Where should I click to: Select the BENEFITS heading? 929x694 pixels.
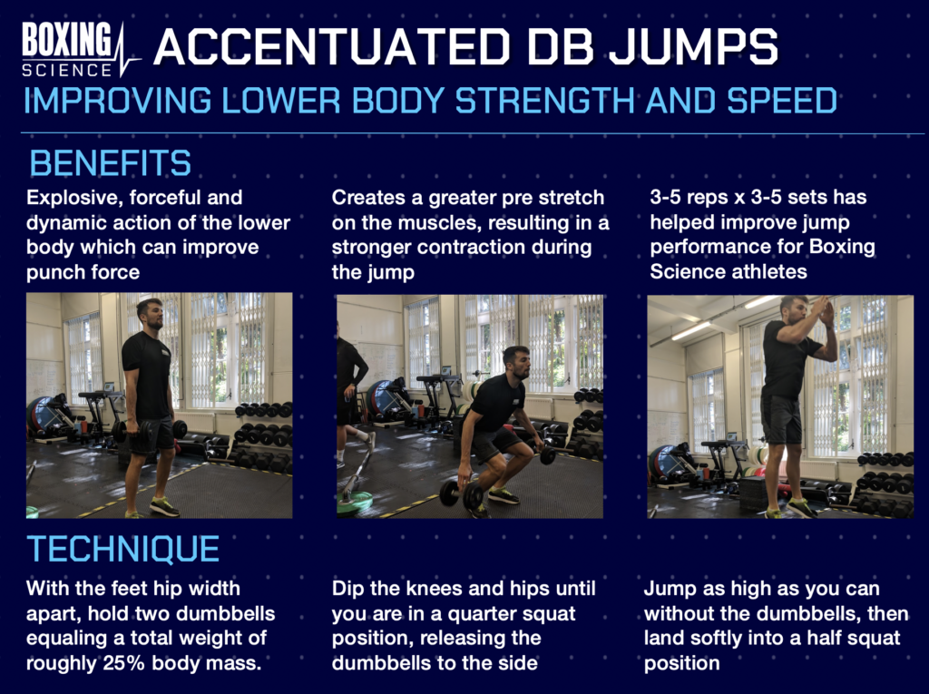click(110, 163)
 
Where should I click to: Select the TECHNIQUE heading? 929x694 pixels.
click(122, 549)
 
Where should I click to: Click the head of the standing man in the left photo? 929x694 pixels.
click(151, 314)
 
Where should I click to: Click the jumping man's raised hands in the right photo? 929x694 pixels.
click(825, 311)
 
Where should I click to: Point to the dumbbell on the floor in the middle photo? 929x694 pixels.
click(462, 494)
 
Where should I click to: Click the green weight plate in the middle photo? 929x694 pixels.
click(359, 502)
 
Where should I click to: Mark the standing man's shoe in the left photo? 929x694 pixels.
click(163, 507)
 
